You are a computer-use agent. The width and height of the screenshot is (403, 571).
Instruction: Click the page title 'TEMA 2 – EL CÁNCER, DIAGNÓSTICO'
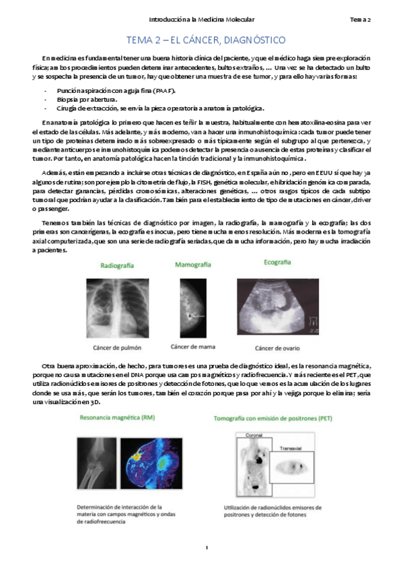tap(202, 40)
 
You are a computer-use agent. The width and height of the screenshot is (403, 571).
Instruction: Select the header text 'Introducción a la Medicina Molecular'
tap(201, 20)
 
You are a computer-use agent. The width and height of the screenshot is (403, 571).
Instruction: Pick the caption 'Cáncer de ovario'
tap(277, 348)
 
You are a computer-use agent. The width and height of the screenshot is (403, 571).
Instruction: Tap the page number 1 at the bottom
tap(208, 554)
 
